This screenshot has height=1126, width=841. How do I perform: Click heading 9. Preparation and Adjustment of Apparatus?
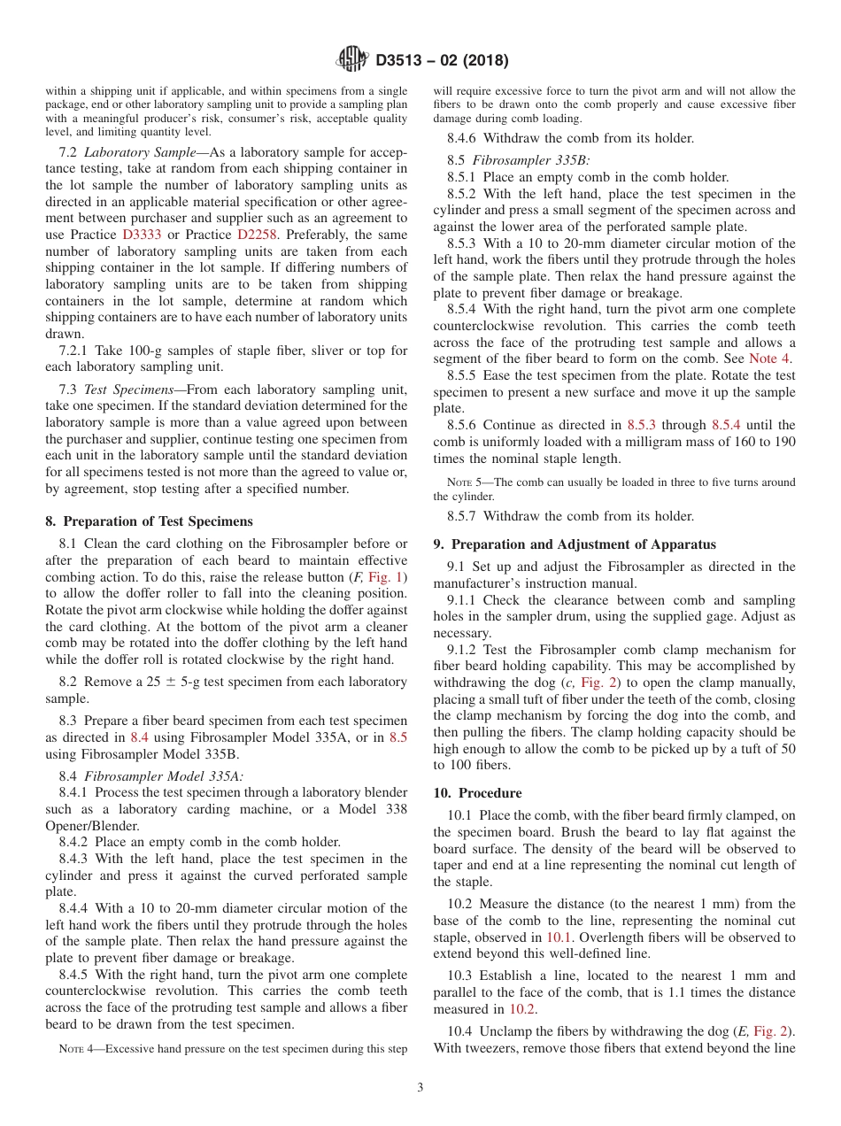click(x=575, y=544)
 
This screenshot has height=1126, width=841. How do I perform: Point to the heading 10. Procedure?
click(x=477, y=793)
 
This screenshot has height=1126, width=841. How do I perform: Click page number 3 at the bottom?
click(x=420, y=1086)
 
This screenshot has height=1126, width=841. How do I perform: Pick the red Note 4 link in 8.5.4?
click(x=769, y=359)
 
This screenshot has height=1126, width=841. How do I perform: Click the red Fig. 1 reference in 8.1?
click(x=387, y=577)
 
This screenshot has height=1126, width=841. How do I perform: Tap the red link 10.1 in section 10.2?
click(x=558, y=937)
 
